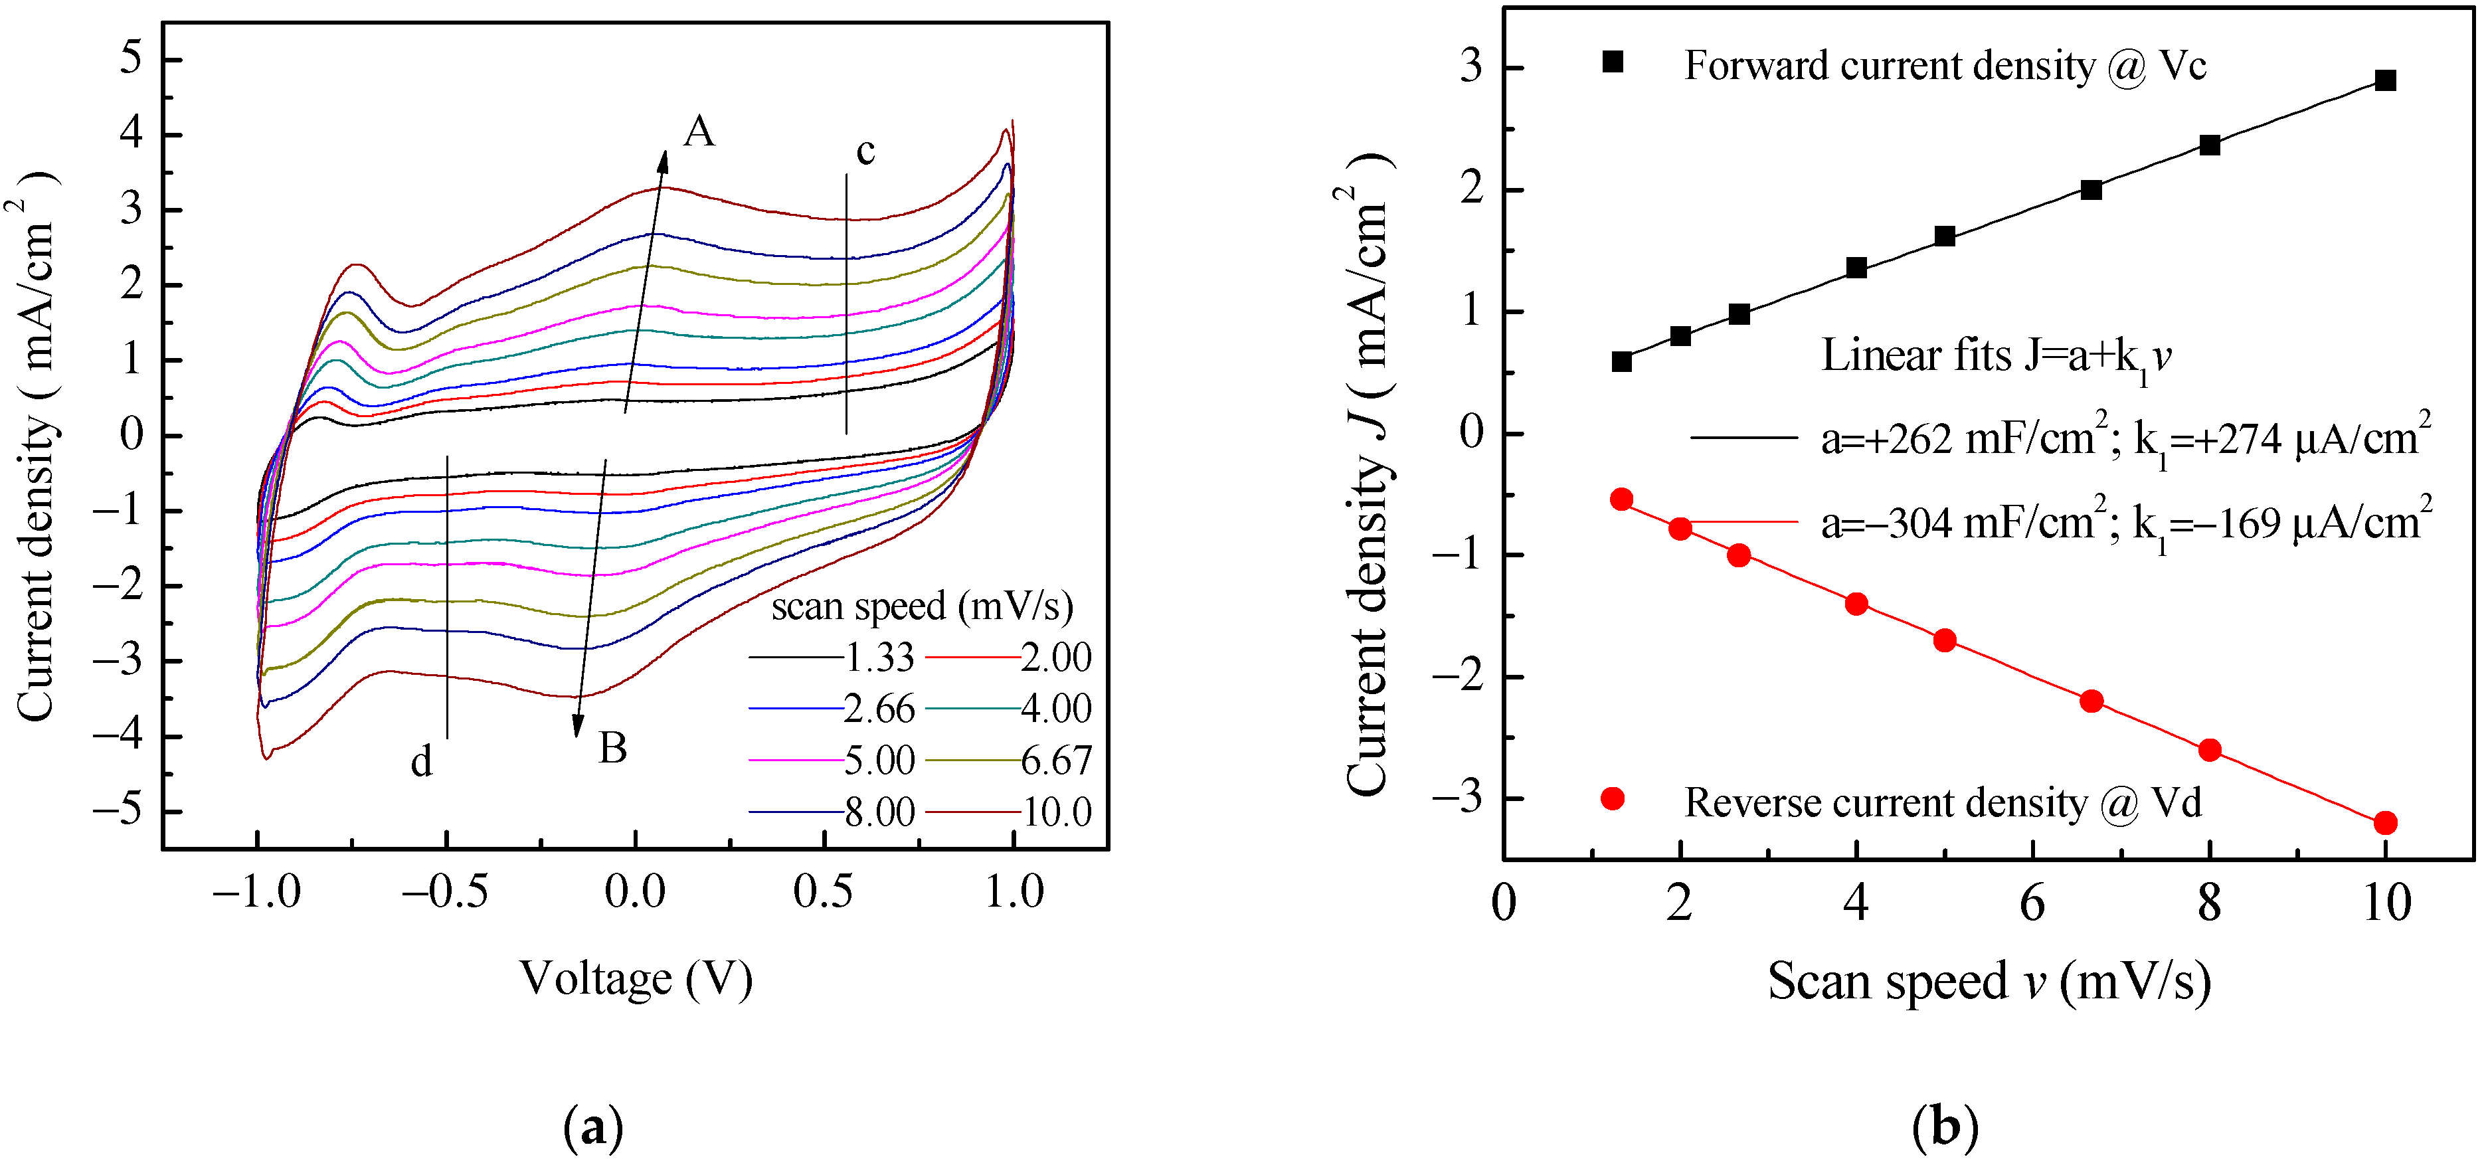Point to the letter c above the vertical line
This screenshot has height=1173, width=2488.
865,151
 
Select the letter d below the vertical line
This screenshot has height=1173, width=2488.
421,763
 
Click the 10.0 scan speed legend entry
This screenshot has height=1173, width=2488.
1057,812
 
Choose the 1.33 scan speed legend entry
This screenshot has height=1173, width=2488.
879,658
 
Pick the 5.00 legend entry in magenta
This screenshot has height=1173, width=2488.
879,761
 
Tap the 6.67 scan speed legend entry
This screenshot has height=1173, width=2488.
1057,761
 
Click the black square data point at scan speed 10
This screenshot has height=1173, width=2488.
2384,80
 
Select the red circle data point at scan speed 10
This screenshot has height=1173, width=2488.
2384,823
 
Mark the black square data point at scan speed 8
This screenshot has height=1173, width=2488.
2209,145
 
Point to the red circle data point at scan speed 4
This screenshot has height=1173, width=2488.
1856,604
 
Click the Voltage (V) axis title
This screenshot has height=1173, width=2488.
636,979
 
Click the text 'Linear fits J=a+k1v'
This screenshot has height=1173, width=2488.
1995,357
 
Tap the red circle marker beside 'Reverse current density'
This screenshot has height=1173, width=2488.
1612,799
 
